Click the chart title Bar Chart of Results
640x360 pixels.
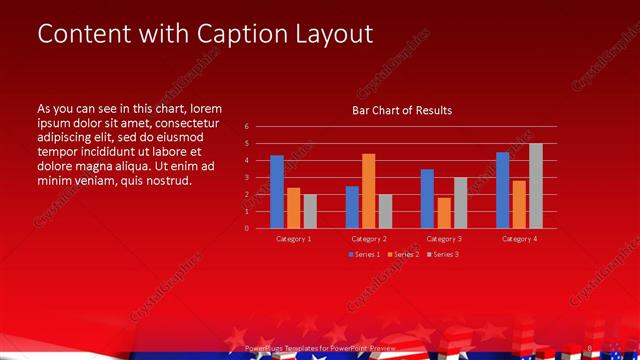401,110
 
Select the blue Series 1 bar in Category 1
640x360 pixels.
277,191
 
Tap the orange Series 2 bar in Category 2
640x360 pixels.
368,190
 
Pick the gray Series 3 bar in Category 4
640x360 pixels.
536,185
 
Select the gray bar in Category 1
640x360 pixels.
310,210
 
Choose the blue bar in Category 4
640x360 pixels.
503,189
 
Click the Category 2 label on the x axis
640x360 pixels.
369,239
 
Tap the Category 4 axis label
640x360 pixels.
519,239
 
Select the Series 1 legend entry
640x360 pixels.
364,255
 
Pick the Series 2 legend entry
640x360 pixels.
403,255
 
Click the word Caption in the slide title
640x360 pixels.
234,34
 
